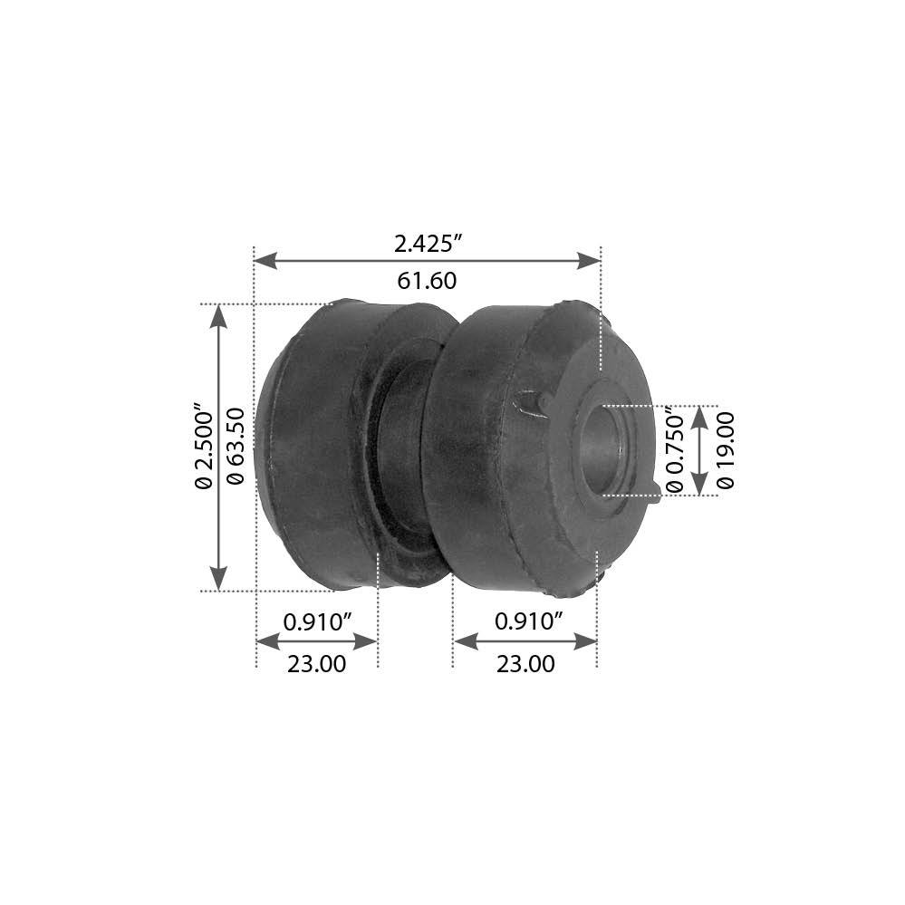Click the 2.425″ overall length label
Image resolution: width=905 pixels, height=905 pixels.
click(428, 244)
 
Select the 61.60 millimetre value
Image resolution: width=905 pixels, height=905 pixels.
click(427, 281)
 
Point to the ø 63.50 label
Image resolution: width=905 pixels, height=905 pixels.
click(237, 448)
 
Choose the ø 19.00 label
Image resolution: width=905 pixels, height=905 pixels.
click(726, 450)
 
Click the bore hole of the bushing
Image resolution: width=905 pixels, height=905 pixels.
click(606, 449)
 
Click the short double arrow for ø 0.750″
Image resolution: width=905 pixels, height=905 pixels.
click(698, 450)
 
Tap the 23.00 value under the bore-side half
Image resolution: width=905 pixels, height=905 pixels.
click(525, 664)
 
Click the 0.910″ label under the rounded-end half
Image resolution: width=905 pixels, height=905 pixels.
click(317, 621)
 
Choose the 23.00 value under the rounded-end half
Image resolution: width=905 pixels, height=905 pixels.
click(316, 664)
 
